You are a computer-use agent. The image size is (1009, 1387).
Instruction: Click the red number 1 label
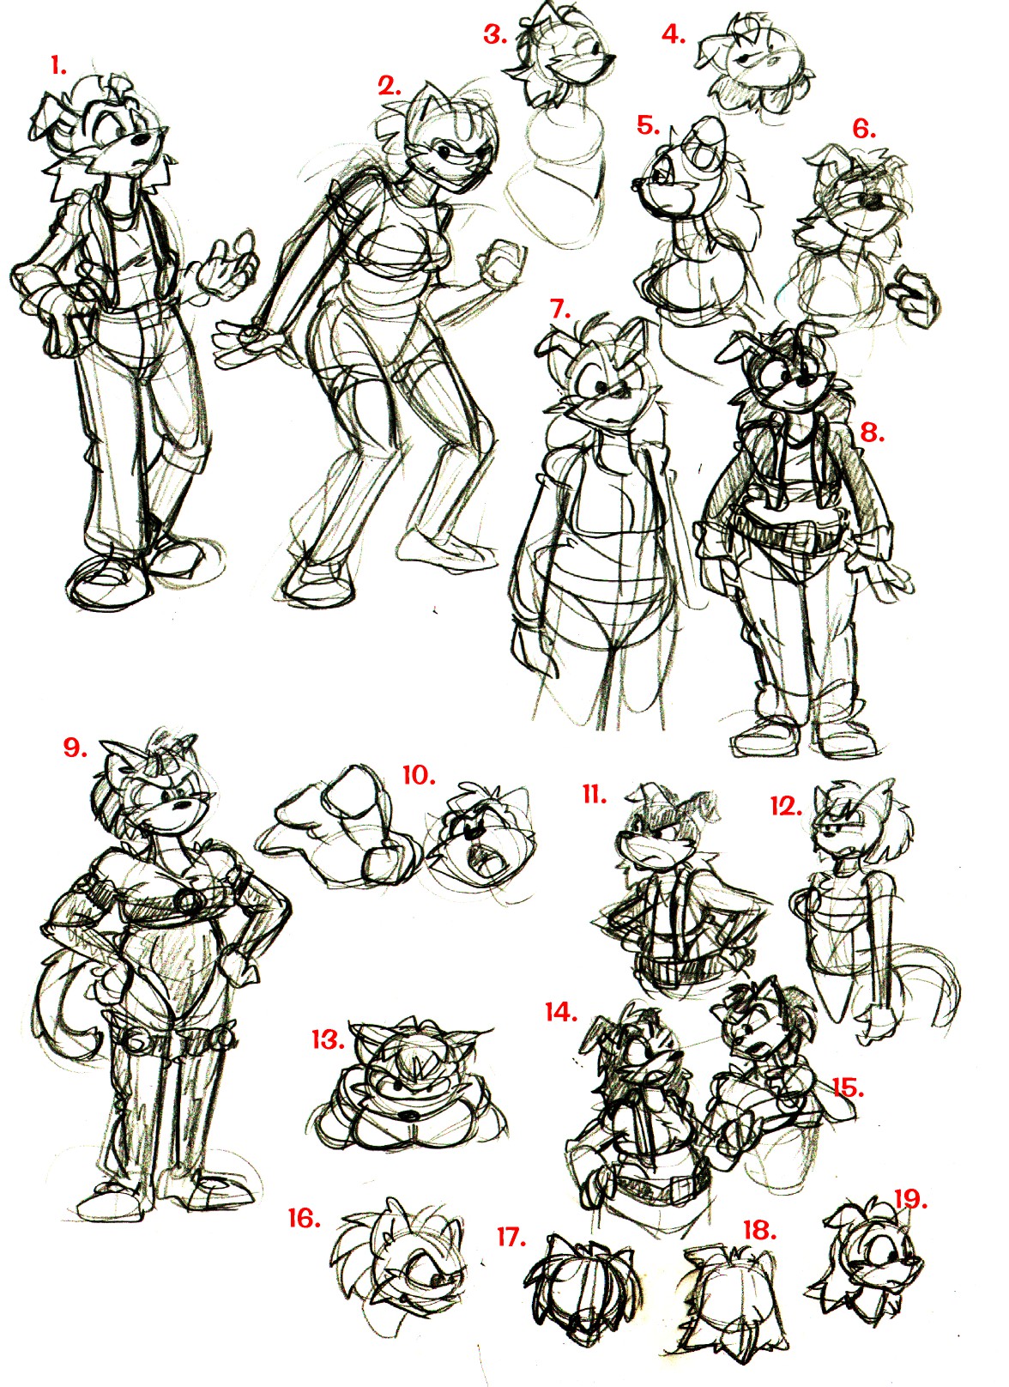59,67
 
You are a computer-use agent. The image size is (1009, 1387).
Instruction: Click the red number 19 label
911,1184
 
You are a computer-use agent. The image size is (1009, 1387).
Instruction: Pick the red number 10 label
419,775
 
